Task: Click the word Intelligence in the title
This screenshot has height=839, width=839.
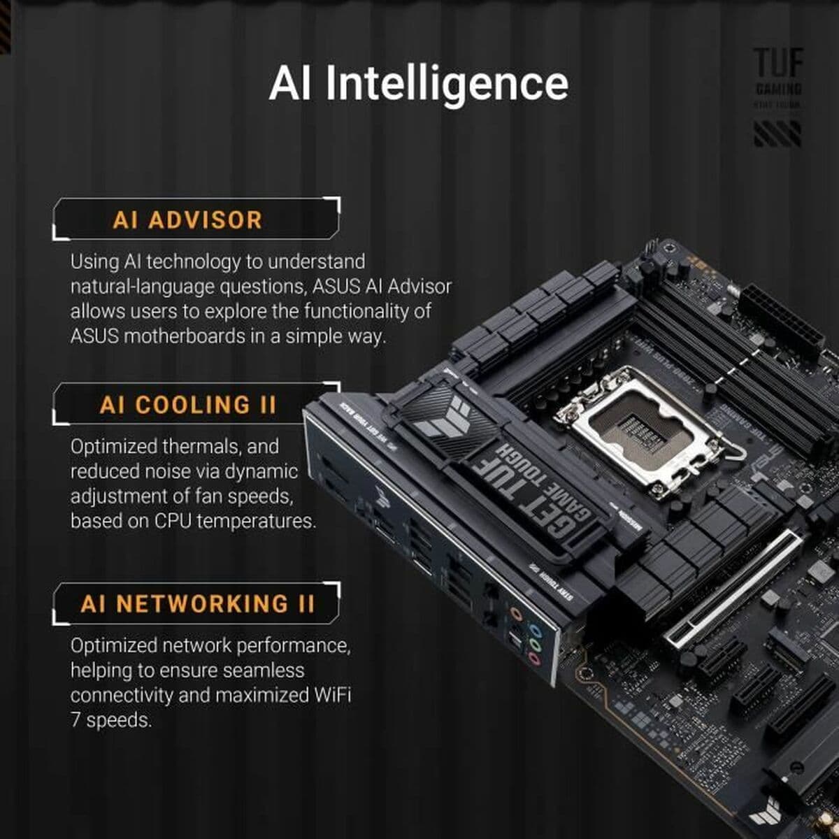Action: tap(447, 84)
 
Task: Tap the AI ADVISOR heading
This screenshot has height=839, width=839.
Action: tap(187, 220)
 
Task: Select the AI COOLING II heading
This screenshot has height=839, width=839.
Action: tap(188, 405)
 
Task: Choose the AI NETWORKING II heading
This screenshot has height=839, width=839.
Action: tap(198, 603)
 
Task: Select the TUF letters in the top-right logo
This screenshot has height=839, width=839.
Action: tap(777, 63)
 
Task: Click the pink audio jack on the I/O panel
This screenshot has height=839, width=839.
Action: tap(534, 659)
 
